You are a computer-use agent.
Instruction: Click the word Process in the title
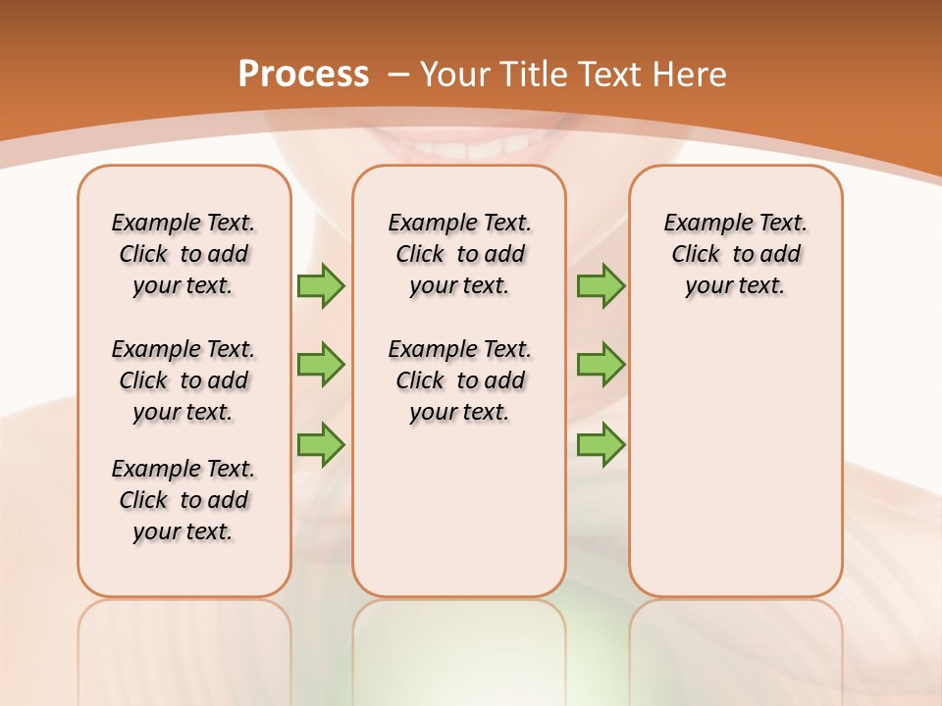tap(303, 75)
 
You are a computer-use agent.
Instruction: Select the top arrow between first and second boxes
tap(321, 286)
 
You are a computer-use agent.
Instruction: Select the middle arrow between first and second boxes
tap(321, 365)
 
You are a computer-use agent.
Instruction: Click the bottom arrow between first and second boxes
tap(321, 444)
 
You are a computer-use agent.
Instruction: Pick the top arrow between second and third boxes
tap(601, 286)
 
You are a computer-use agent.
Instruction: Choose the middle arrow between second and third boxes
tap(601, 365)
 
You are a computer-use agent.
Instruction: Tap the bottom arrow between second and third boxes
tap(601, 444)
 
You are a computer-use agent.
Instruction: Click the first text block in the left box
tap(183, 254)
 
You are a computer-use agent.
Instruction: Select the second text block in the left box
tap(183, 380)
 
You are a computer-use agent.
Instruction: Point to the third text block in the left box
tap(183, 500)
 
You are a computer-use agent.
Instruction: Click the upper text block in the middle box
tap(460, 254)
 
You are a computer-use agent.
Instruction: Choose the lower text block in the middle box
tap(460, 380)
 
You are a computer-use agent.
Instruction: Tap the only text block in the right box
tap(736, 254)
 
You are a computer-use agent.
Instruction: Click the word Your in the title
tap(457, 75)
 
